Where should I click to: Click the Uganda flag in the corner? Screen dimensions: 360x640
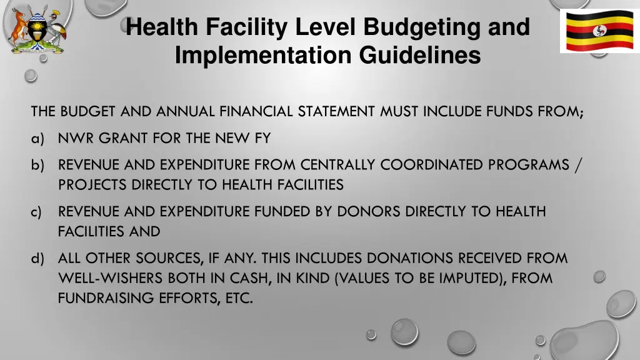(x=599, y=31)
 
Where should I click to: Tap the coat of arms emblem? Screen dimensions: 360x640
(x=37, y=29)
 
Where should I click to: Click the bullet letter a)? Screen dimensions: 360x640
(x=38, y=138)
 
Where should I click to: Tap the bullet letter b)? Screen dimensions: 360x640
(x=38, y=165)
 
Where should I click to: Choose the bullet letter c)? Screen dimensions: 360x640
(x=38, y=212)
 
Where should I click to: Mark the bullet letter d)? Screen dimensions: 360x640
(x=38, y=258)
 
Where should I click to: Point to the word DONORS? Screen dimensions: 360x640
(x=369, y=212)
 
